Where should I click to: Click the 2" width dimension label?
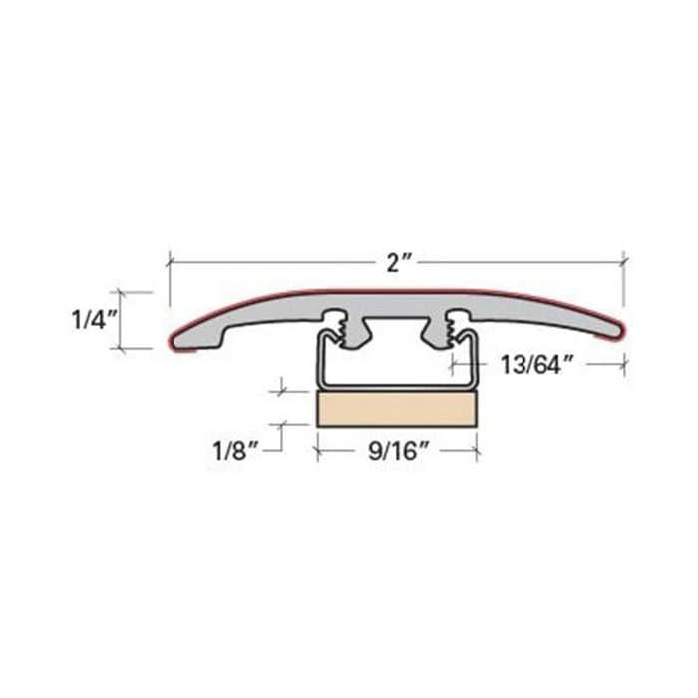399,263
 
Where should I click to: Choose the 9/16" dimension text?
396,451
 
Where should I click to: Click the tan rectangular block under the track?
396,408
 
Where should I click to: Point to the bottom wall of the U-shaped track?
396,386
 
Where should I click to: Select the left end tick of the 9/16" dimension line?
317,451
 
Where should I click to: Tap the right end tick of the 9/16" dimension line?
476,451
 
